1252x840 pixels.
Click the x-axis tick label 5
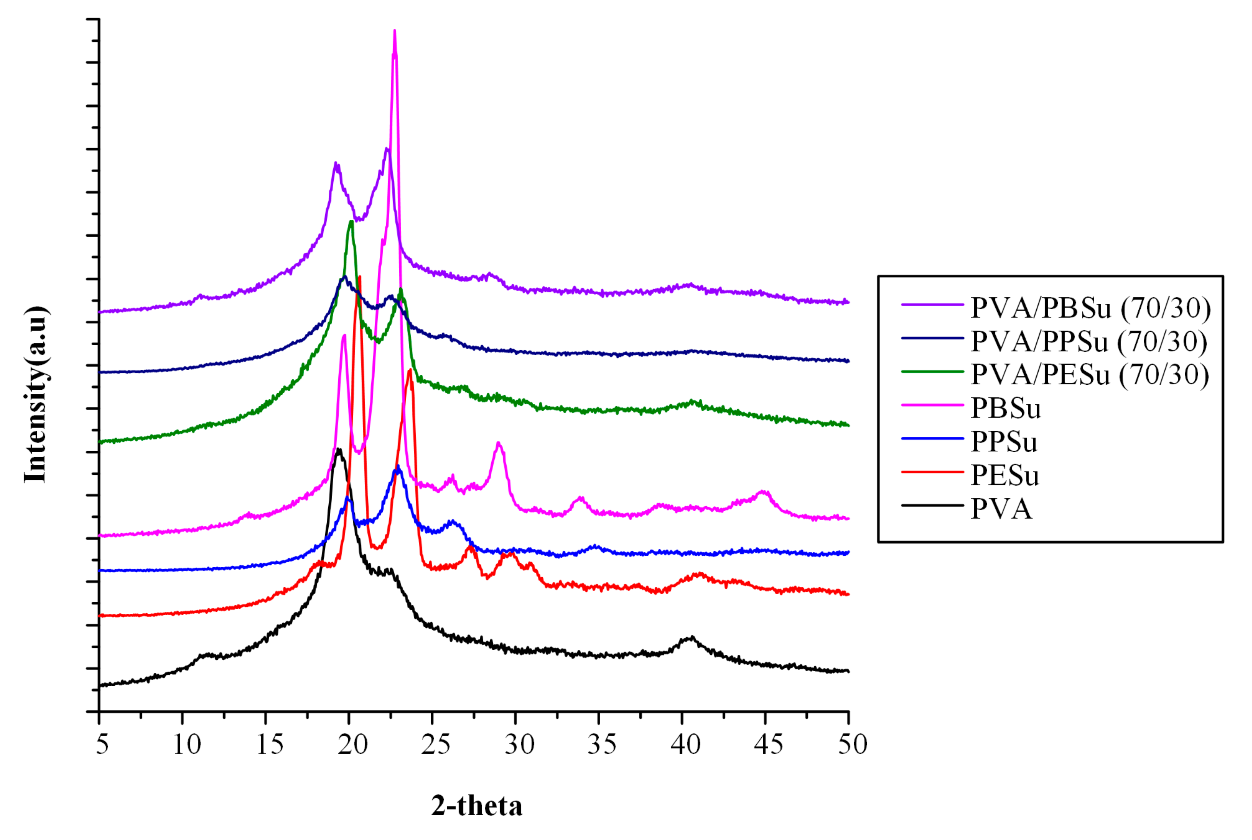pos(102,745)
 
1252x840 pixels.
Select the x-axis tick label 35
pos(602,745)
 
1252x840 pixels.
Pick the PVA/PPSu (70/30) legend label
pos(1089,341)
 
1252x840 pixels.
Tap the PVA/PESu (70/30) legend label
pos(1090,374)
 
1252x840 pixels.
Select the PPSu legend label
pos(1004,442)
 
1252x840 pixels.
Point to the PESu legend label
pos(1005,476)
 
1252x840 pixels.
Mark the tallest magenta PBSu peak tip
pos(395,31)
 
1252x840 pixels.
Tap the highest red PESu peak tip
pos(359,277)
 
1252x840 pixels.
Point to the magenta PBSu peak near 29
pos(499,443)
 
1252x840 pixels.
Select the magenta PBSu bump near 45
pos(763,491)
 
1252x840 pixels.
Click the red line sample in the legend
pos(932,472)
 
